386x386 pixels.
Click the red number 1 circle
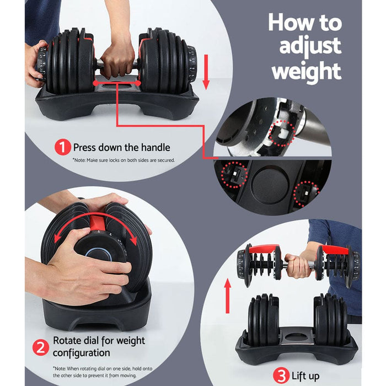pyautogui.click(x=62, y=147)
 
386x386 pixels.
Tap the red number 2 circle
pyautogui.click(x=40, y=347)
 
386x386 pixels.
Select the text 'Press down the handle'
pyautogui.click(x=121, y=147)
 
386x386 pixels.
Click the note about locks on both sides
pyautogui.click(x=124, y=160)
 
